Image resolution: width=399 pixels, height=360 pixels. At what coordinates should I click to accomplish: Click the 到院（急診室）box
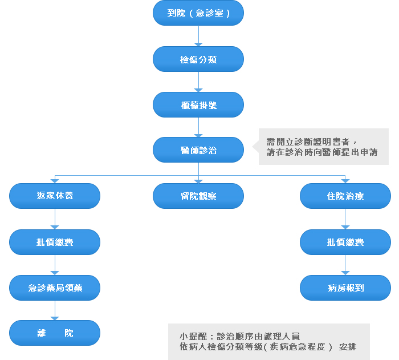(198, 13)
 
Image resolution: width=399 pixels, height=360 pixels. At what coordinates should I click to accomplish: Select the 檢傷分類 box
(198, 59)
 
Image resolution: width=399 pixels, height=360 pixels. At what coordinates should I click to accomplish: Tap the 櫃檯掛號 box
(198, 104)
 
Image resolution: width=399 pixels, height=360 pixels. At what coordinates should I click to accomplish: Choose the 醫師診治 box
(198, 150)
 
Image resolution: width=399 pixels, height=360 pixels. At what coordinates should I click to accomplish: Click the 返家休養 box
(55, 196)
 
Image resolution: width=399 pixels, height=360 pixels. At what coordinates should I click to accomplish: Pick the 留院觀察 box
(198, 196)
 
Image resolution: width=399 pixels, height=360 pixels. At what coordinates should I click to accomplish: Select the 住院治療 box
(345, 196)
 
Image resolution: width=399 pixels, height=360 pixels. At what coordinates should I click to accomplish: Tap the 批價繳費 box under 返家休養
(55, 242)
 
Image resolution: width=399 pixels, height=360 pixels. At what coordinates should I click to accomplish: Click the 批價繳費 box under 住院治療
(345, 242)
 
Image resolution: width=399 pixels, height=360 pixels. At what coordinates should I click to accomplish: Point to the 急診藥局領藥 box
(55, 288)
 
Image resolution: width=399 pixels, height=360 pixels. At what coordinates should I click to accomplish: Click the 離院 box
(55, 333)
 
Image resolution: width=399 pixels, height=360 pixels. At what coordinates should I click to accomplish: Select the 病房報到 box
(345, 288)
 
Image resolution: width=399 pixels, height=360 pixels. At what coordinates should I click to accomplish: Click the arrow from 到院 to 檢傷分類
(198, 36)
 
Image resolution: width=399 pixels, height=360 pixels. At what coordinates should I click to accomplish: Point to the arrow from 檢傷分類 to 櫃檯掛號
(198, 82)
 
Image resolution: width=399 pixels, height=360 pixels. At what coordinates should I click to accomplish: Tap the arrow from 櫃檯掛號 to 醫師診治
(198, 127)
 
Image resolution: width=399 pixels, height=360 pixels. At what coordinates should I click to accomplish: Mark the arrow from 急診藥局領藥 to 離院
(55, 310)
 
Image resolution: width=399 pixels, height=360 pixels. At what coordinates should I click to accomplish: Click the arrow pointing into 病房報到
(345, 265)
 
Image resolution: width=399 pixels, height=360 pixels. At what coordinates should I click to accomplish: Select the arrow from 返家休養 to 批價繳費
(55, 219)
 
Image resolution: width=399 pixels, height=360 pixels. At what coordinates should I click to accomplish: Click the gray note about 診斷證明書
(323, 147)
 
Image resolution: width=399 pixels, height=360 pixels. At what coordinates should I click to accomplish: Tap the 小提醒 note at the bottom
(268, 341)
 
